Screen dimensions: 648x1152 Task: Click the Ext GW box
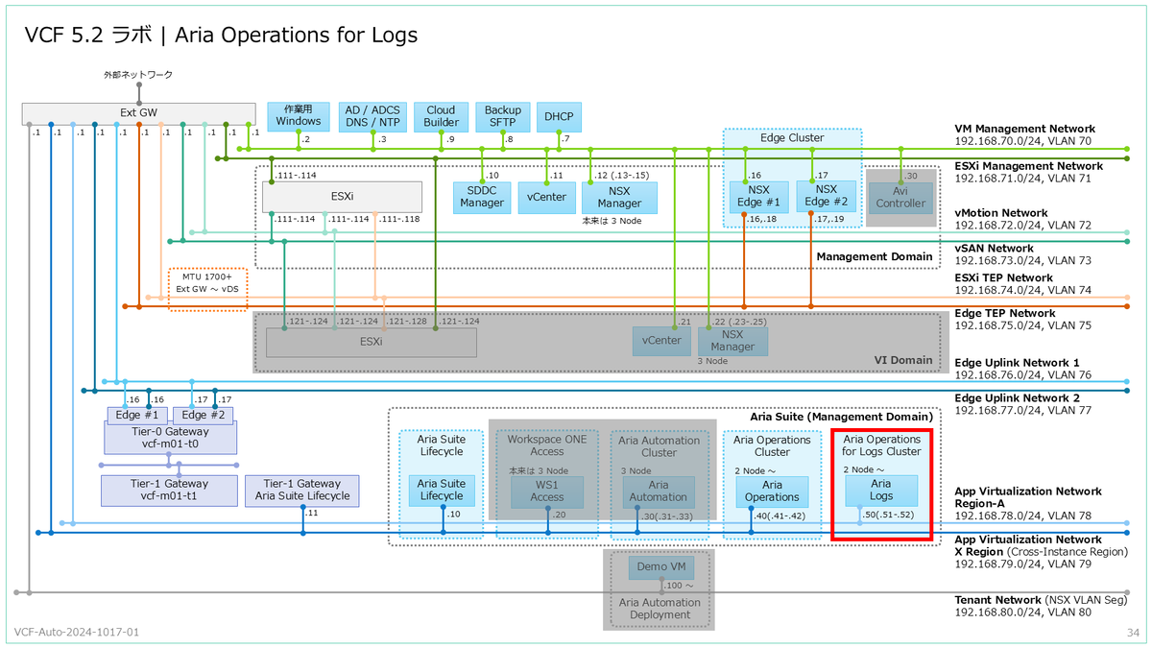(138, 113)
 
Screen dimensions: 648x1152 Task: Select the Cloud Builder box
(441, 116)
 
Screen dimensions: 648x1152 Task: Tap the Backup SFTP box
(502, 116)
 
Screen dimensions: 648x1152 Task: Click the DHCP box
(558, 116)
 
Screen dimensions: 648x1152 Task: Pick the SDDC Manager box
(482, 197)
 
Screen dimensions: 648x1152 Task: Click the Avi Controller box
(900, 197)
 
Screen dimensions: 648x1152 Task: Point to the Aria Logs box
(880, 491)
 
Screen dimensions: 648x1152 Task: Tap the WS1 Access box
(547, 491)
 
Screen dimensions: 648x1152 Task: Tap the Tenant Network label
(998, 600)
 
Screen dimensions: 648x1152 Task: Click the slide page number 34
(1132, 633)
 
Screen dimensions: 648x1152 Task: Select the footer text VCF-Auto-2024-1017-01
(77, 633)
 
